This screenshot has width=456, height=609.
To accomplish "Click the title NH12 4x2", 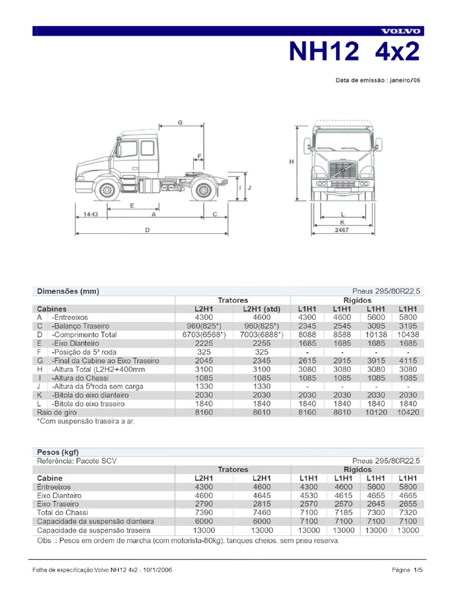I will pyautogui.click(x=354, y=52).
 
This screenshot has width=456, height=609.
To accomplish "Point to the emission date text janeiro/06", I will pyautogui.click(x=406, y=80).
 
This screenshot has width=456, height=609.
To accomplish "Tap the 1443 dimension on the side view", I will pyautogui.click(x=91, y=213).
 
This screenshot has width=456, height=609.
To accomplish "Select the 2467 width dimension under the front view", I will pyautogui.click(x=342, y=229).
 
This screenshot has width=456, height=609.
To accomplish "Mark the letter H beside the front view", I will pyautogui.click(x=292, y=162).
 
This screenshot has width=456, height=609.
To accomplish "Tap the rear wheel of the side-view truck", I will pyautogui.click(x=203, y=190).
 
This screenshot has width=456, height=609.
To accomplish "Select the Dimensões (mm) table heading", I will pyautogui.click(x=68, y=291).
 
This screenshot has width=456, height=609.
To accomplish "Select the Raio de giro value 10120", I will pyautogui.click(x=374, y=412).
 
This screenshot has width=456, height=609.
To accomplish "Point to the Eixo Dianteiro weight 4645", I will pyautogui.click(x=261, y=495).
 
